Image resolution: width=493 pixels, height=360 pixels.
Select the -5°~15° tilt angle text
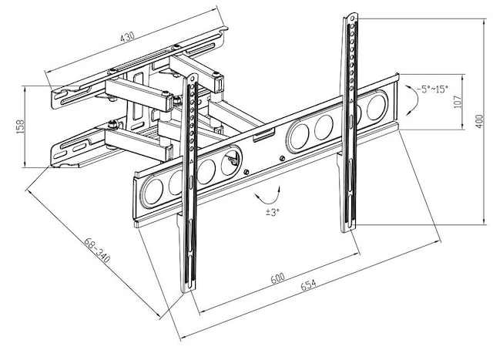[433, 89]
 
